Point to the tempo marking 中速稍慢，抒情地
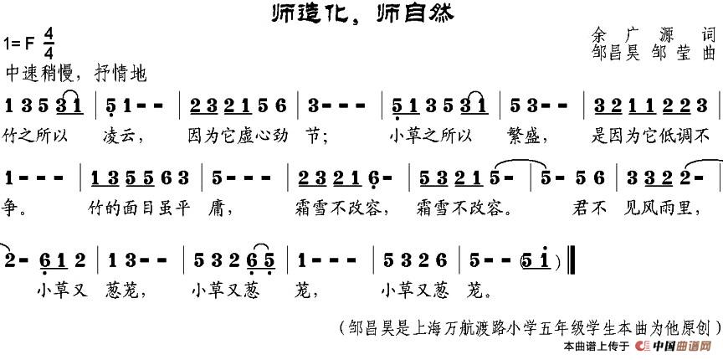click(75, 74)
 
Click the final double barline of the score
click(570, 260)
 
